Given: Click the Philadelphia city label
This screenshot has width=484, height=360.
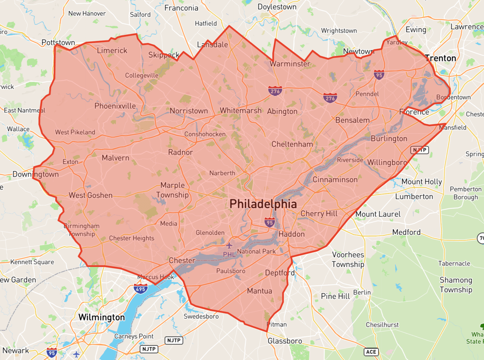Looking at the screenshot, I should (x=263, y=204).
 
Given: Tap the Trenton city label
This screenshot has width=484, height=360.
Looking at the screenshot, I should (x=440, y=58).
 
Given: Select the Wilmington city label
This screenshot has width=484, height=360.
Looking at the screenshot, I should (x=101, y=317).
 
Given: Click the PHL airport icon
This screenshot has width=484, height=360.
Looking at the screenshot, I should (x=229, y=245).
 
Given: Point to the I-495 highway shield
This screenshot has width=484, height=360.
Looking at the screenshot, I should (x=140, y=288).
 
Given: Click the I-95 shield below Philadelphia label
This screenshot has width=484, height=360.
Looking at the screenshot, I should (x=270, y=222).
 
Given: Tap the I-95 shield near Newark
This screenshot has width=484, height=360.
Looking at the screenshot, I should (x=52, y=352).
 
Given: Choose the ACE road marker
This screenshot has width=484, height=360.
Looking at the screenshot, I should (x=371, y=352).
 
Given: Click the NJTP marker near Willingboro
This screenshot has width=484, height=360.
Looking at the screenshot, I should (x=419, y=150).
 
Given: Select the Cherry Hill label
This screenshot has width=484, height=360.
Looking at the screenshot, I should (x=319, y=213).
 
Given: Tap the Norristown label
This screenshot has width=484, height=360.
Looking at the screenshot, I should (x=189, y=111).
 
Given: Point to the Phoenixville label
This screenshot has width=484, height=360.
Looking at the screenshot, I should (x=115, y=106).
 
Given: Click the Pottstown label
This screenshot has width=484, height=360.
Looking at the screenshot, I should (x=58, y=42).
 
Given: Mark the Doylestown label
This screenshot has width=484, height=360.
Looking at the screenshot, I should (x=277, y=7).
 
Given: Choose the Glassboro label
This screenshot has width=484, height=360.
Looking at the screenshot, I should (x=285, y=341).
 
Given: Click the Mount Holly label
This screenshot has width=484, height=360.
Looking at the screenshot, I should (x=422, y=181).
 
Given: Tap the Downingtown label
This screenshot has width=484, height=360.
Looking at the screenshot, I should (x=36, y=174).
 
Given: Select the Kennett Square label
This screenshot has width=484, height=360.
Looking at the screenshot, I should (x=32, y=262).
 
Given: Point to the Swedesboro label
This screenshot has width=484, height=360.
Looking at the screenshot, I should (x=201, y=316).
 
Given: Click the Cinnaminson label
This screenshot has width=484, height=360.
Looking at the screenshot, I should (x=335, y=180).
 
